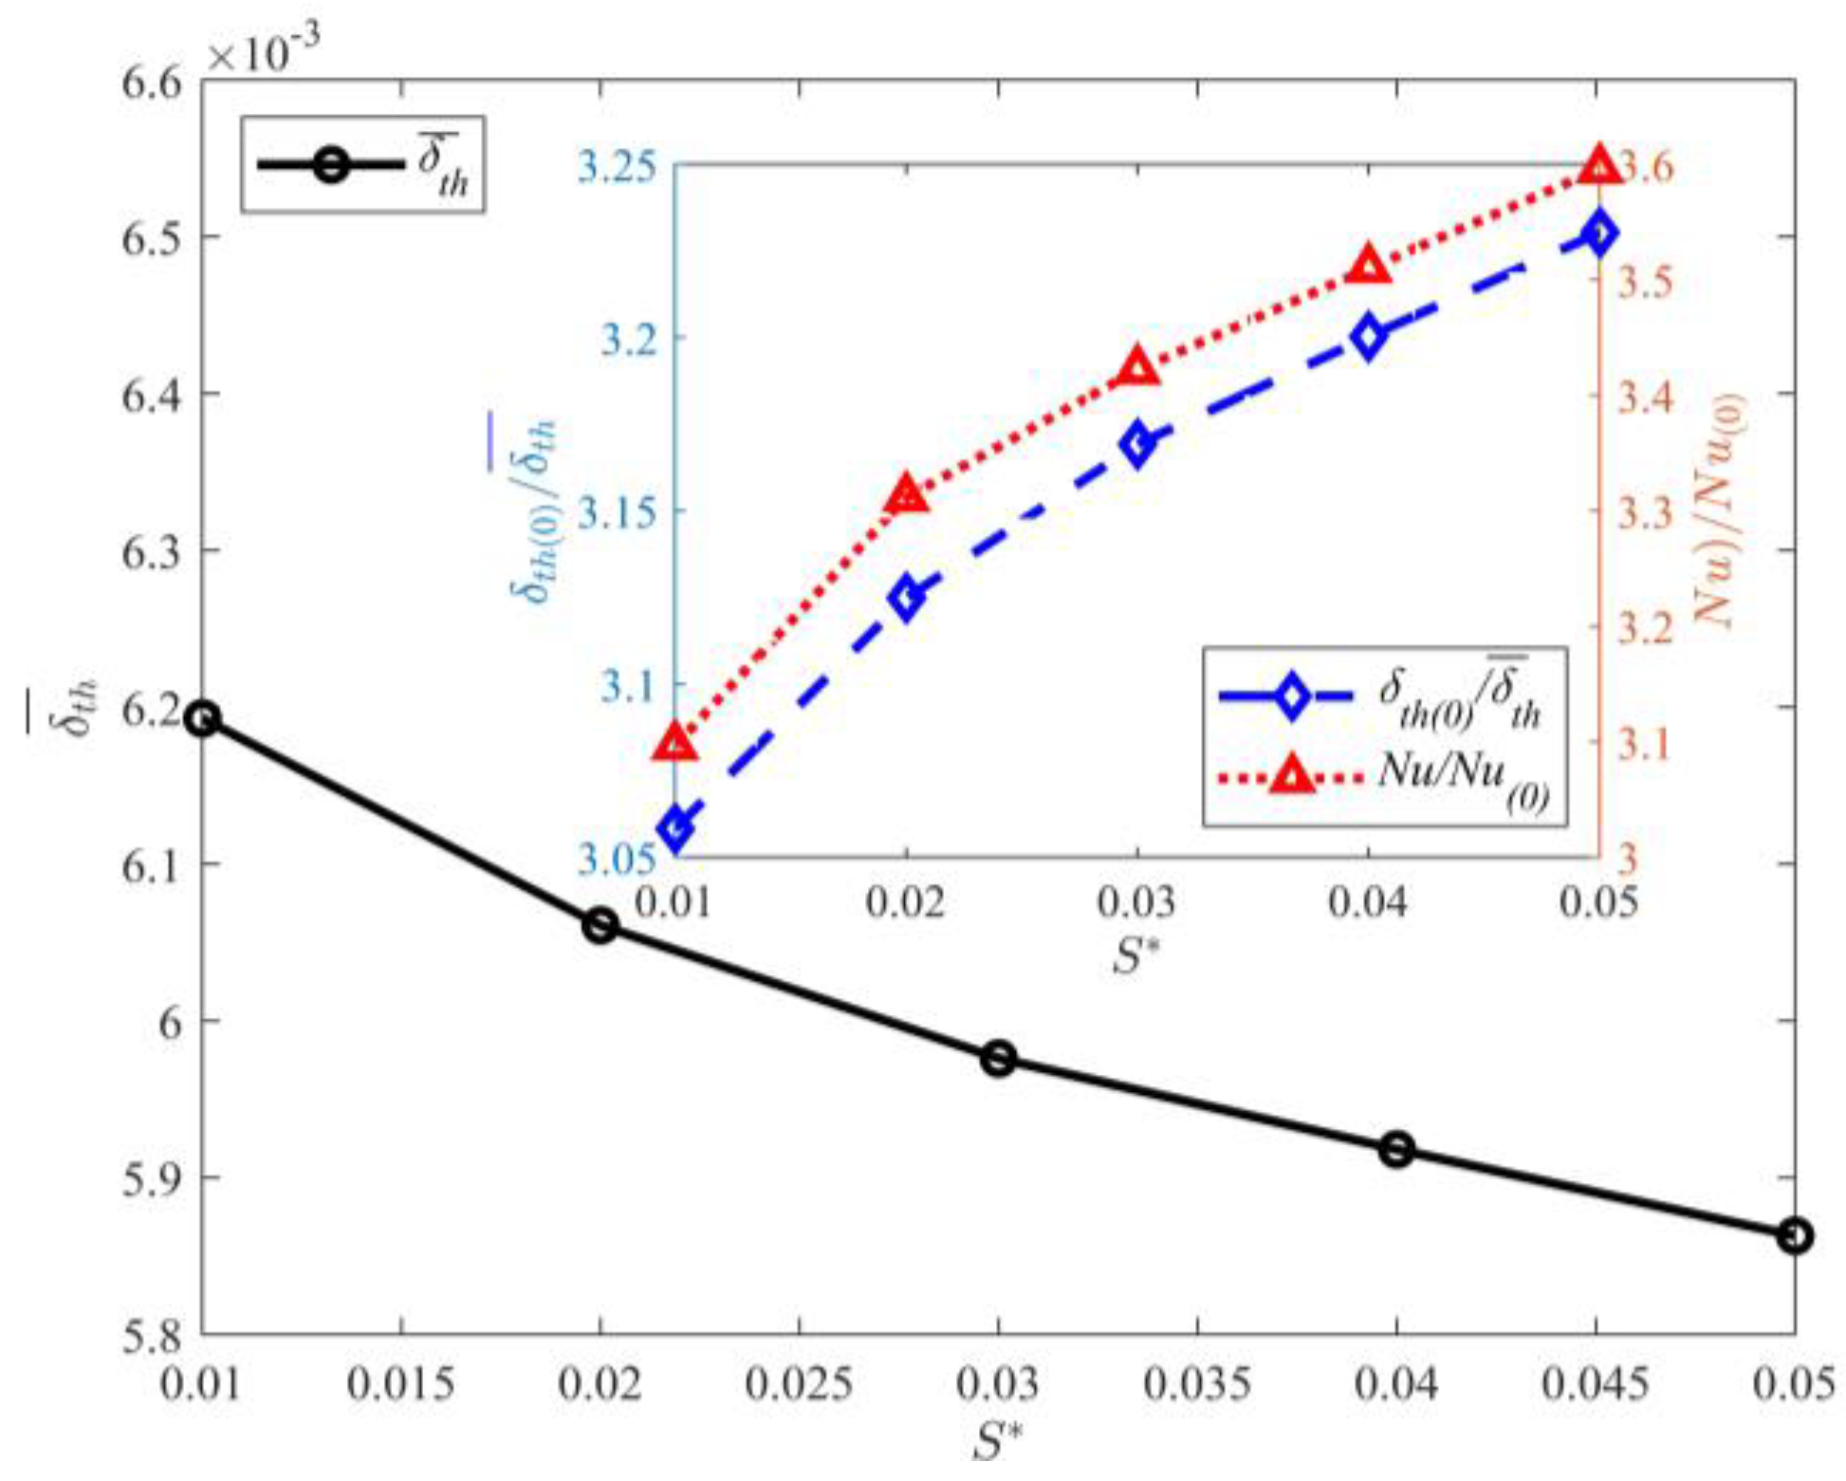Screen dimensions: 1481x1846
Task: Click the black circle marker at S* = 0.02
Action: pos(600,925)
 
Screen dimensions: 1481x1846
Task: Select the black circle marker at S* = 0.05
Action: pos(1794,1236)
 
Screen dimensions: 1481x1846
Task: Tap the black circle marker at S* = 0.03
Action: pos(998,1059)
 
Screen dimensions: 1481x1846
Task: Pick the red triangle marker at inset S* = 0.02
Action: pos(906,495)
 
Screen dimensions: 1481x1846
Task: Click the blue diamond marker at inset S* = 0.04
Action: pos(1368,337)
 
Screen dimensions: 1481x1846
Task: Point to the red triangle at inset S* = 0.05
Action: pos(1599,166)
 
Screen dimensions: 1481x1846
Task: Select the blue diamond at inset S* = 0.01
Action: pos(675,828)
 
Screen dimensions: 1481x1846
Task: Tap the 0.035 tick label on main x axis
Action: pos(1196,1386)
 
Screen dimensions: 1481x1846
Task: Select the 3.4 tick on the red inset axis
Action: pos(1645,397)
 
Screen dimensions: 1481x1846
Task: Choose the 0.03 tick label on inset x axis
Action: pos(1136,902)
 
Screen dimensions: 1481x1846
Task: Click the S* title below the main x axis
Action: pos(997,1443)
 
